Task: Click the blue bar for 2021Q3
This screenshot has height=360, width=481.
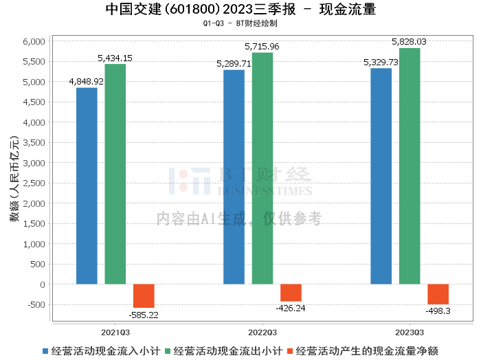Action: coord(87,185)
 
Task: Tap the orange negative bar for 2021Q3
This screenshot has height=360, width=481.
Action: coord(144,296)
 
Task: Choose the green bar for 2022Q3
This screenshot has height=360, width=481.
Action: coord(262,168)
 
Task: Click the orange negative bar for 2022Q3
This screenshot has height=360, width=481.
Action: coord(291,293)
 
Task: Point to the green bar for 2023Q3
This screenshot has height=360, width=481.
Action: coord(410,166)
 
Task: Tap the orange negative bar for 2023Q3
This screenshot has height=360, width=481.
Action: coord(438,294)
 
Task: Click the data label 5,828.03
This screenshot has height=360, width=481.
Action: coord(410,42)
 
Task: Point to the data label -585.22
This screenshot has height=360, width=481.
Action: coord(144,315)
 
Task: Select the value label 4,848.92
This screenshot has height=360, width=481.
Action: coord(87,81)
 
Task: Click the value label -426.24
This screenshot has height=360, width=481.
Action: coord(291,308)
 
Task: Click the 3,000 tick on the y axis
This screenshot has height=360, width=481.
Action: coord(34,163)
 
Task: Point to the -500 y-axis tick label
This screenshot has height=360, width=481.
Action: coord(36,305)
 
